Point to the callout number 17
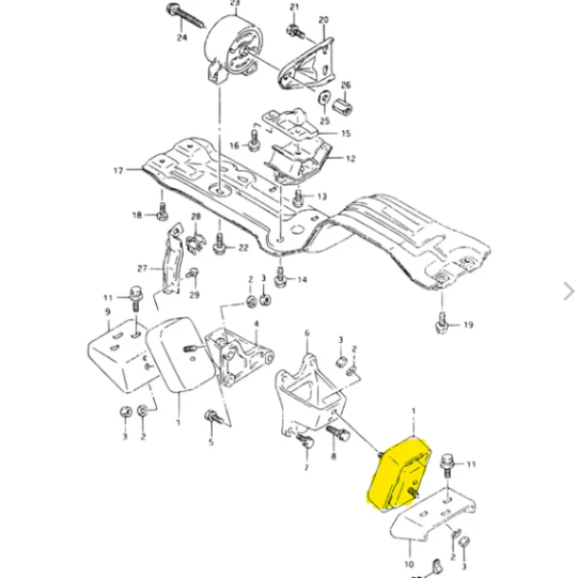pos(118,171)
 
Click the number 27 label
pos(142,268)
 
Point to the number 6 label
pos(306,333)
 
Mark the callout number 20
pos(323,19)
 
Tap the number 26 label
pos(346,85)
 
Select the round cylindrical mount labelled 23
pos(235,48)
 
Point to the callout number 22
pos(243,248)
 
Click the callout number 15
pos(346,134)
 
